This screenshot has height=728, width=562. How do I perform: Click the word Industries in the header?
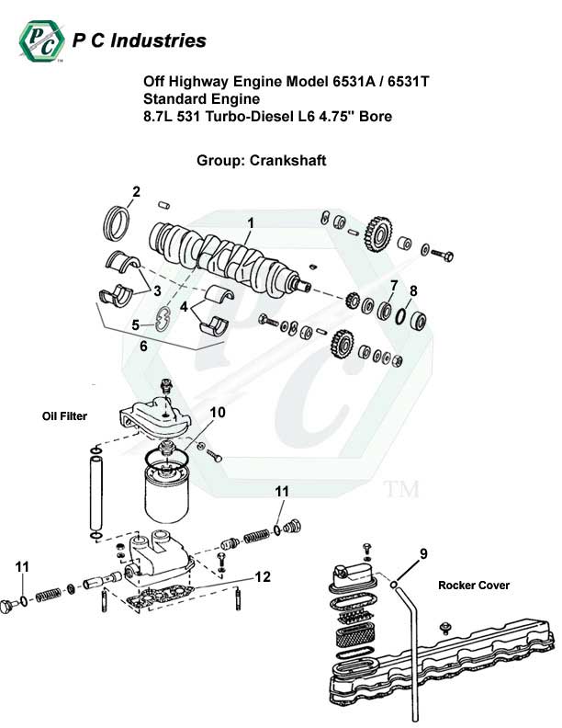pyautogui.click(x=161, y=40)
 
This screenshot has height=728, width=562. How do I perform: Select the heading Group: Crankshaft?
pyautogui.click(x=262, y=160)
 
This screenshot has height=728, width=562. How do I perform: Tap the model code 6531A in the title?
pyautogui.click(x=352, y=82)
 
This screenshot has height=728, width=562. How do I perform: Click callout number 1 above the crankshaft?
pyautogui.click(x=250, y=222)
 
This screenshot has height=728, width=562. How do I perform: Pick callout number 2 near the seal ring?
pyautogui.click(x=136, y=192)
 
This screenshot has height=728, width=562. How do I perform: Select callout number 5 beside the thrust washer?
pyautogui.click(x=135, y=324)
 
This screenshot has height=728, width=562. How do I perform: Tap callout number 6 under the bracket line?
pyautogui.click(x=142, y=347)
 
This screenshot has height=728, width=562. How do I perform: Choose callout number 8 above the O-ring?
pyautogui.click(x=413, y=290)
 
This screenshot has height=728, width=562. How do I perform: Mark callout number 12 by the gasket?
pyautogui.click(x=263, y=577)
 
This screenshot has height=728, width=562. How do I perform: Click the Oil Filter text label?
pyautogui.click(x=64, y=416)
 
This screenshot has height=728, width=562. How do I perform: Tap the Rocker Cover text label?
pyautogui.click(x=473, y=585)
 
